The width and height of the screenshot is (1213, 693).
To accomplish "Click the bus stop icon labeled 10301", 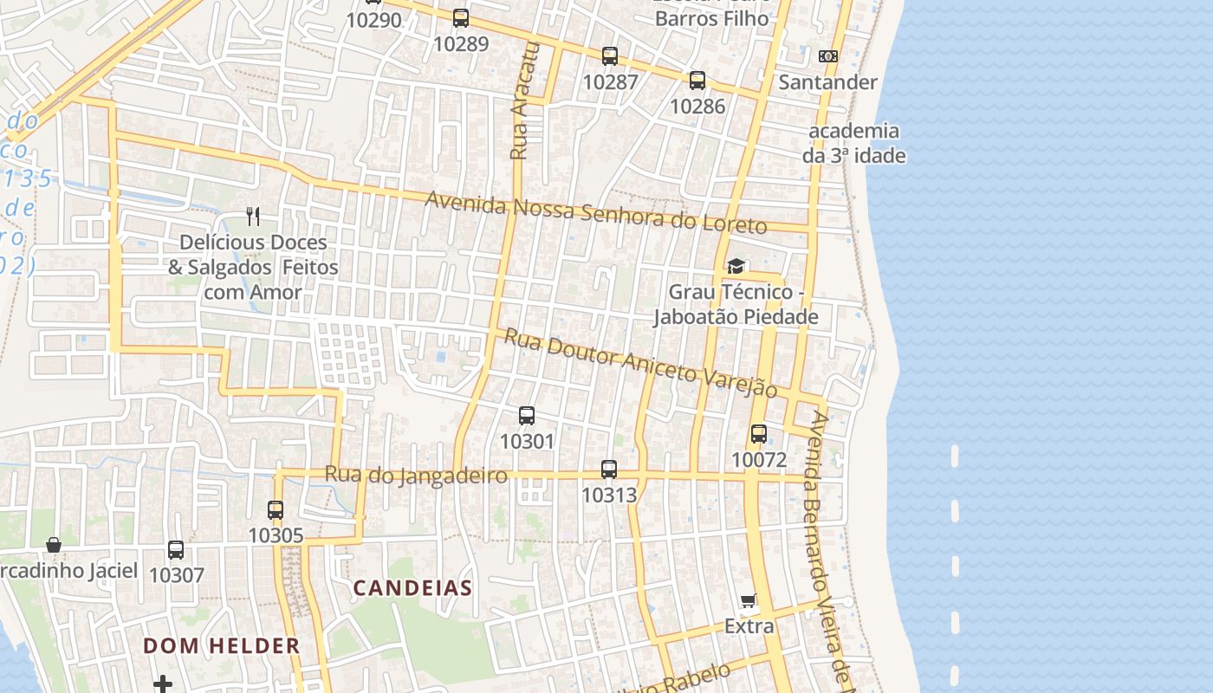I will (x=526, y=416).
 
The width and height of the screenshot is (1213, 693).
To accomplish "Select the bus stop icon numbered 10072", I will (x=759, y=434).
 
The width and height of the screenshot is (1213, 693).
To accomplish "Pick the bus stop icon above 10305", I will (x=276, y=510).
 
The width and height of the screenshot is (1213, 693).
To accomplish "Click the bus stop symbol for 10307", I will (x=176, y=550).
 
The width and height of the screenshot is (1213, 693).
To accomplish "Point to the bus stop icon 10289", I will (x=461, y=18).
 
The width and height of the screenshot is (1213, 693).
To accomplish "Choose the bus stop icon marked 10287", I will (x=610, y=56).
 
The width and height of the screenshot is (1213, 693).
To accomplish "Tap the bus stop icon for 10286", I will (x=697, y=81).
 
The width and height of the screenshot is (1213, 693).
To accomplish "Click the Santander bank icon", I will (x=828, y=56).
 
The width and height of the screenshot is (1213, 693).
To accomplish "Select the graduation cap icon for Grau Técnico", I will (x=736, y=266).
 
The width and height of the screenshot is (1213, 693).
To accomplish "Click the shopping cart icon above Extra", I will (x=749, y=600).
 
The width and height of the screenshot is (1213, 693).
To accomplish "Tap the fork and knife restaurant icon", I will (x=253, y=216).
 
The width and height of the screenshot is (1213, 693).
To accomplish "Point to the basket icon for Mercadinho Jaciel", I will (x=54, y=545).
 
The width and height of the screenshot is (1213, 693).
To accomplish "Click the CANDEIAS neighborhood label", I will (x=412, y=588).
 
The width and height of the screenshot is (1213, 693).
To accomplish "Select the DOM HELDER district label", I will (x=222, y=645).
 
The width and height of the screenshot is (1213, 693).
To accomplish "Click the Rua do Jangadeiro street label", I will (x=416, y=475).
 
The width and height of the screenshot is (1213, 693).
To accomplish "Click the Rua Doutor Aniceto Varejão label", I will (x=641, y=364).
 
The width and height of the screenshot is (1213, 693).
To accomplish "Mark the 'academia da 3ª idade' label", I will (x=854, y=143).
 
